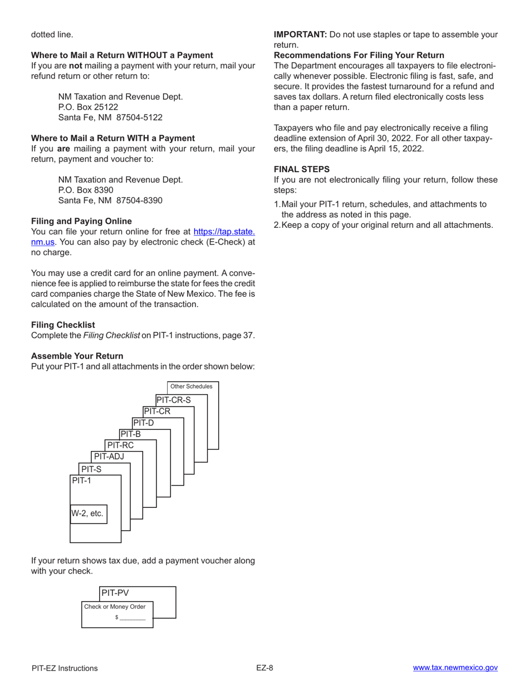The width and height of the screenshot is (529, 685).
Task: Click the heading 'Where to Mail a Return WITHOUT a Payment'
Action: (x=122, y=55)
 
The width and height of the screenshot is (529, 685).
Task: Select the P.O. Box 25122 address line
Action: (x=88, y=107)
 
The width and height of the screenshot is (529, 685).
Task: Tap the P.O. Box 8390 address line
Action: (x=86, y=190)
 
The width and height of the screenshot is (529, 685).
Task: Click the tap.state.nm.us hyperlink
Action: (x=224, y=232)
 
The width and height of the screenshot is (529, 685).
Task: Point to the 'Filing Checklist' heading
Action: (x=63, y=325)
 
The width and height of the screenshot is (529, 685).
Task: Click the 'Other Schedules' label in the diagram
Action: (x=191, y=386)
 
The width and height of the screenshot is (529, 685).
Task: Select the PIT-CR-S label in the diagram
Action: (x=173, y=400)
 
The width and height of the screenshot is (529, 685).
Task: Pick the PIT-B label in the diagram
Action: (x=130, y=434)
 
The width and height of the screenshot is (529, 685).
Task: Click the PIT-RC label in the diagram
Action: (x=120, y=445)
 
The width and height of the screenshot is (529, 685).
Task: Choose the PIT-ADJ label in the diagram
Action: (x=109, y=457)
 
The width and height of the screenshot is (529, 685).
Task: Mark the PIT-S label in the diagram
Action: (x=91, y=469)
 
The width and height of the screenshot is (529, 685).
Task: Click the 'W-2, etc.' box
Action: (x=87, y=513)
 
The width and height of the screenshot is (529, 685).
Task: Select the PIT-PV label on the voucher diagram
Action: (x=115, y=593)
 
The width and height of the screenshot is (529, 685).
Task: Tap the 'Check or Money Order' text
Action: (x=115, y=606)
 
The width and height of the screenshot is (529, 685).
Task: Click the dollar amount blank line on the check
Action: (x=132, y=618)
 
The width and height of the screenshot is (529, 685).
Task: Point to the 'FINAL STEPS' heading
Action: (x=302, y=169)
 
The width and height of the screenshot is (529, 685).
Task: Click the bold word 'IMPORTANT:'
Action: (x=300, y=35)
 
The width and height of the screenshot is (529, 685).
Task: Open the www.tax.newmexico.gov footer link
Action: (x=455, y=668)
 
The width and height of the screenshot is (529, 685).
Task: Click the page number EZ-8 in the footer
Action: (x=264, y=668)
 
